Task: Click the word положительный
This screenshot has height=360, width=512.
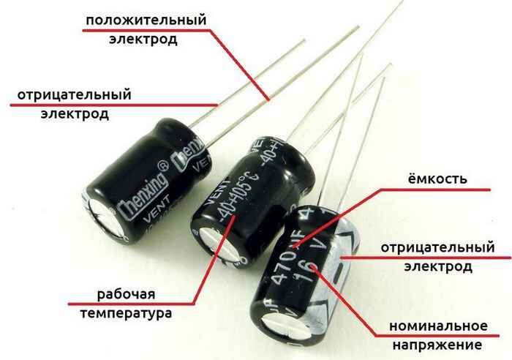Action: [146, 19]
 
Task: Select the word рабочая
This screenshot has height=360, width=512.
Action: [126, 294]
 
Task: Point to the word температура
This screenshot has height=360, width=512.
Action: [126, 314]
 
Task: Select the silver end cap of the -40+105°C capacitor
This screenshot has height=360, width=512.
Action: [211, 245]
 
